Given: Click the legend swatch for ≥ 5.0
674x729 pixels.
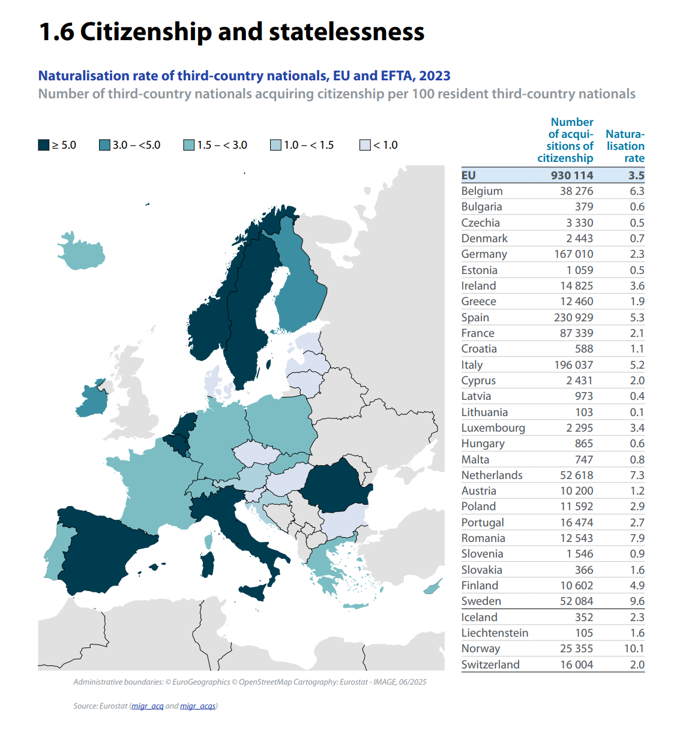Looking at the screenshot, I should coord(44,145).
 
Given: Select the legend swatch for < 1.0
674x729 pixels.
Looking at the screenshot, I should coord(365,145).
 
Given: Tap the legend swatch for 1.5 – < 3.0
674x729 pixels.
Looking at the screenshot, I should coord(189,145).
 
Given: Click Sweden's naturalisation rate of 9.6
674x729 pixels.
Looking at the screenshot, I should coord(637,601).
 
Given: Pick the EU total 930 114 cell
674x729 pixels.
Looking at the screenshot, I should coord(571,176).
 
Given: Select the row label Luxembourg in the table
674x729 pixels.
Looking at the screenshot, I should coord(493,428).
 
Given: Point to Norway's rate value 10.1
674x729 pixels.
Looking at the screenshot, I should coord(634,649).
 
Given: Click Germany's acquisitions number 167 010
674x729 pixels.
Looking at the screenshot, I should coord(573,254).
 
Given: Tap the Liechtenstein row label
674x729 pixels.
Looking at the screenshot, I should coord(495,633).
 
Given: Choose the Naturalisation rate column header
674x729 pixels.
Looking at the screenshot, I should coord(625,146).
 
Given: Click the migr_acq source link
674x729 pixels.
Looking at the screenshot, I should coord(148,706).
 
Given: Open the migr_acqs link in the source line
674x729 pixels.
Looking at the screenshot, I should coord(197,706).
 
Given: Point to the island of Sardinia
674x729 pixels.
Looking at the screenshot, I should coord(208,564).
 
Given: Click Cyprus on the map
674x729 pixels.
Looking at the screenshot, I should coord(432,587).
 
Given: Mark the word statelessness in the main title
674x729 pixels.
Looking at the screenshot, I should coord(346,32).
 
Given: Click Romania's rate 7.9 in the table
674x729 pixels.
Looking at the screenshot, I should coord(637,538).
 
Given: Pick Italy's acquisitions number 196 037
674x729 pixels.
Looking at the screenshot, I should coord(573,365).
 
